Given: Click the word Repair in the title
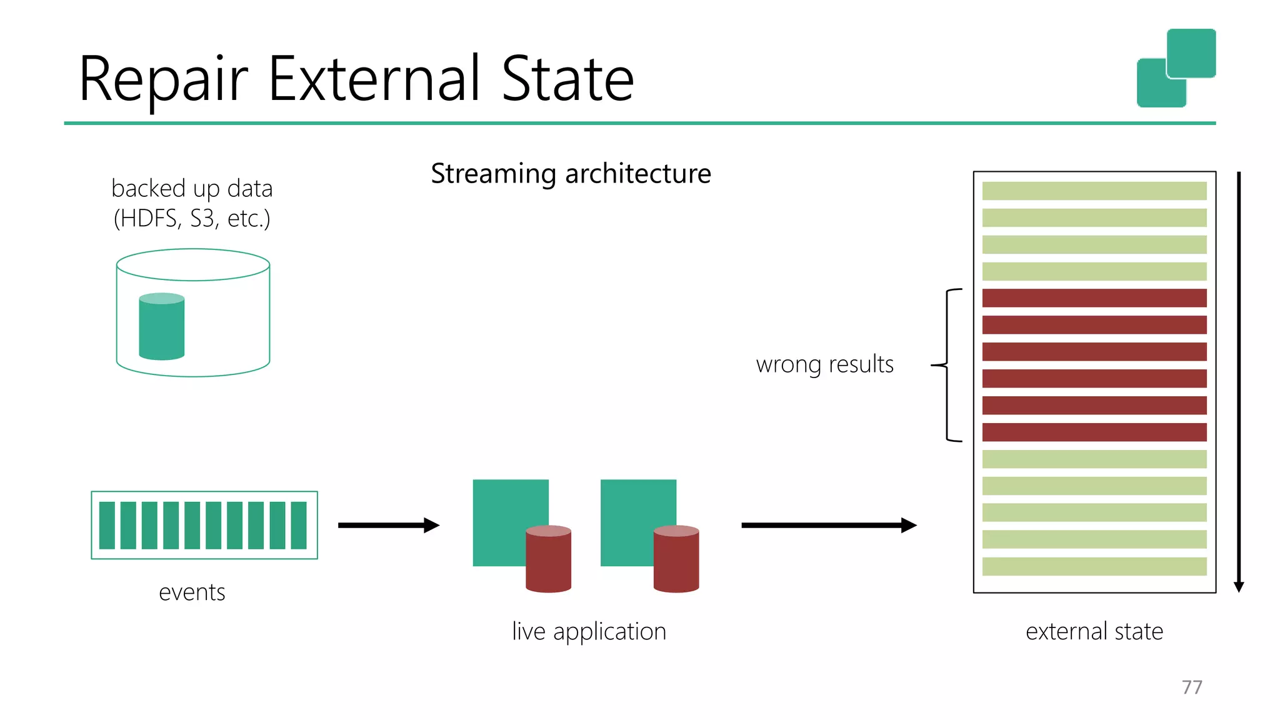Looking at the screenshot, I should click(x=164, y=80).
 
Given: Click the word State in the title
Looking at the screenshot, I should click(x=567, y=80).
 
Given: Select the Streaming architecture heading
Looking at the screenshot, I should click(x=571, y=174).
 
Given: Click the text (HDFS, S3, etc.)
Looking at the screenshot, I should click(x=192, y=219).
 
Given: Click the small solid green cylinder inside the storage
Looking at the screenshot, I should click(x=162, y=326).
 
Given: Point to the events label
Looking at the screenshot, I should click(x=192, y=592).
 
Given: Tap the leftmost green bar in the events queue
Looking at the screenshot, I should click(x=107, y=525).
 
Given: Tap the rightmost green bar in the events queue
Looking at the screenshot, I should click(x=299, y=525).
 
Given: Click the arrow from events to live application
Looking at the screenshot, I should click(x=388, y=525).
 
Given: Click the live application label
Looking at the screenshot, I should click(x=589, y=631).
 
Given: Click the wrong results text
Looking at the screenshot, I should click(x=824, y=364).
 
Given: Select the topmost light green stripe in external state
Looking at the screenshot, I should click(x=1094, y=191).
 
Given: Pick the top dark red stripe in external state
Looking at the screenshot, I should click(x=1094, y=298).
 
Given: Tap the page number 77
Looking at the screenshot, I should click(x=1192, y=687).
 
